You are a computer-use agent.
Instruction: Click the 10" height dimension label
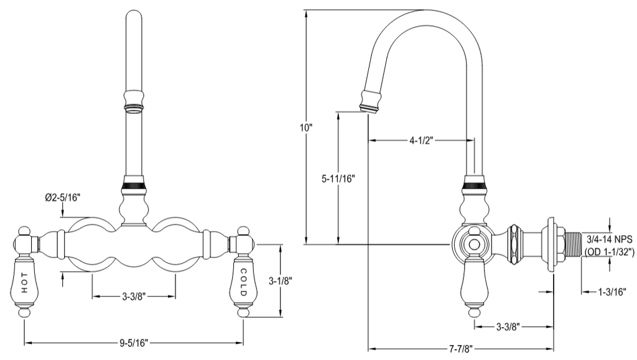[x=306, y=127]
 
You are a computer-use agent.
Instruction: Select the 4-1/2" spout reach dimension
[x=421, y=141]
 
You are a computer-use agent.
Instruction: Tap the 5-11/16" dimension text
[x=338, y=178]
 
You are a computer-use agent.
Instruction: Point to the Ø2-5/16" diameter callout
[x=63, y=198]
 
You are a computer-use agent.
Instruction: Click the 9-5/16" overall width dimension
[x=134, y=343]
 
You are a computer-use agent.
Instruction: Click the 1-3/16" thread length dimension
[x=612, y=292]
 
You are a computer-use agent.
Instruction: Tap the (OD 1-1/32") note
[x=610, y=252]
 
